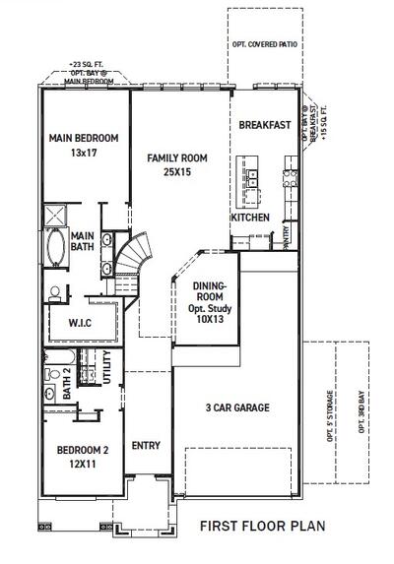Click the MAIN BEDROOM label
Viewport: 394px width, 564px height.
click(x=83, y=139)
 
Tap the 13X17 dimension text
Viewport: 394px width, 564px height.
click(x=83, y=154)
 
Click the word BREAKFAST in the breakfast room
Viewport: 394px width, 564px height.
click(x=264, y=125)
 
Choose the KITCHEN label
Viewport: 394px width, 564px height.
click(x=249, y=217)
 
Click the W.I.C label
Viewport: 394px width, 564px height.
click(x=81, y=322)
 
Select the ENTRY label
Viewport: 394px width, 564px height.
click(x=146, y=445)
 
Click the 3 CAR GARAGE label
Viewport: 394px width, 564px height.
click(x=236, y=407)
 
